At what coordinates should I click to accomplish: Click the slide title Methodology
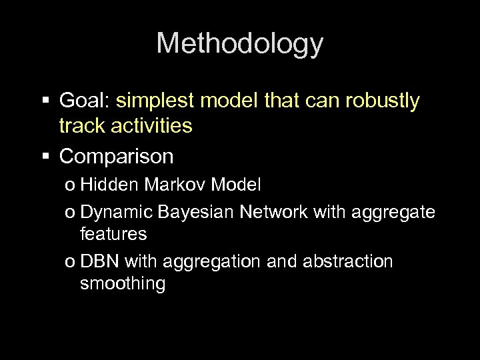click(x=240, y=44)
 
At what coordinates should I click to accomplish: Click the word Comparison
click(x=117, y=157)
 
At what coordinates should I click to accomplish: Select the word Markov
click(x=165, y=185)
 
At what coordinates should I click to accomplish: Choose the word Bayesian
click(x=198, y=212)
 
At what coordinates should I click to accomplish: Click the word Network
click(x=273, y=212)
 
